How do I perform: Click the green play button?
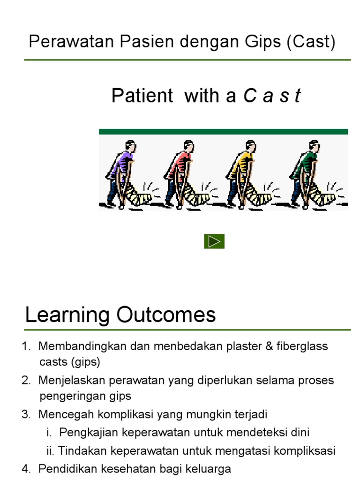click(x=214, y=241)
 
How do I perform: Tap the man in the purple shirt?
click(x=122, y=174)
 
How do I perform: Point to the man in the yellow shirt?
click(x=242, y=174)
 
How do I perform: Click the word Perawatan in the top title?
click(x=71, y=41)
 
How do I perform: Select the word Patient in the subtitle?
click(x=142, y=96)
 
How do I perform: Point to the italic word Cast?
click(x=272, y=96)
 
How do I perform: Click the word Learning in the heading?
click(x=67, y=315)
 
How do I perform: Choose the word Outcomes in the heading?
click(x=166, y=315)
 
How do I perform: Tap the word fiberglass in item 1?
click(x=302, y=346)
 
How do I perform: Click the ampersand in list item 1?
click(x=269, y=346)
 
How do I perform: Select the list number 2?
click(x=26, y=380)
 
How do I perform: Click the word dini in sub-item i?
click(x=300, y=433)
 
